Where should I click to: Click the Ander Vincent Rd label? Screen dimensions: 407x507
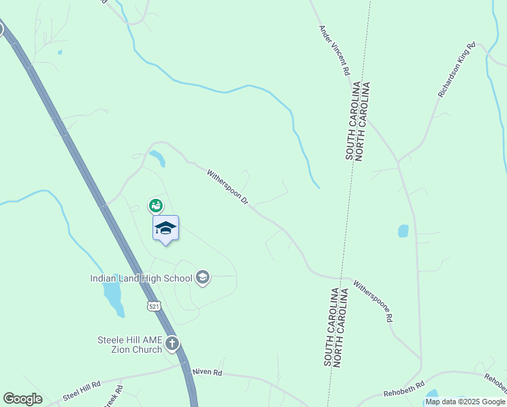(x=334, y=50)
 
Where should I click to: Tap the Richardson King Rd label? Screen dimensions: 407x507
(x=457, y=71)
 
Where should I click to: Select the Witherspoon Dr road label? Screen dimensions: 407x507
(x=228, y=189)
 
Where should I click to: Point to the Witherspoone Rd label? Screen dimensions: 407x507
(x=373, y=301)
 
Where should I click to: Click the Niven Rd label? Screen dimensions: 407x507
(x=207, y=372)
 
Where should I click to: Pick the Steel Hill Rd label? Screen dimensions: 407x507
(x=81, y=389)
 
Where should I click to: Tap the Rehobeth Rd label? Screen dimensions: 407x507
(x=403, y=385)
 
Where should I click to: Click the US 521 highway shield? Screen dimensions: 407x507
(x=155, y=307)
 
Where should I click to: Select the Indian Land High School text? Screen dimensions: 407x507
(x=141, y=278)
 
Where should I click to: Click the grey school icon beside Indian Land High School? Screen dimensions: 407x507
(x=202, y=277)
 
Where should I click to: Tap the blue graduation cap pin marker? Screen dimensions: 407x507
(x=165, y=228)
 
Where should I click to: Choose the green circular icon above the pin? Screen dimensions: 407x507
(x=156, y=205)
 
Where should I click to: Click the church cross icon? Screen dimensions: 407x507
(x=172, y=344)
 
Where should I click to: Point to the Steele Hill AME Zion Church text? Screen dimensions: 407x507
(x=129, y=345)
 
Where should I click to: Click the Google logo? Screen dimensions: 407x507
(x=22, y=399)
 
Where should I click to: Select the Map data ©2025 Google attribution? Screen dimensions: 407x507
(x=466, y=402)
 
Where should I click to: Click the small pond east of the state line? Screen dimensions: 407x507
(x=403, y=231)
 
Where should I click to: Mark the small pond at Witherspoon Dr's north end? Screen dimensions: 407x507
(x=158, y=158)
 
